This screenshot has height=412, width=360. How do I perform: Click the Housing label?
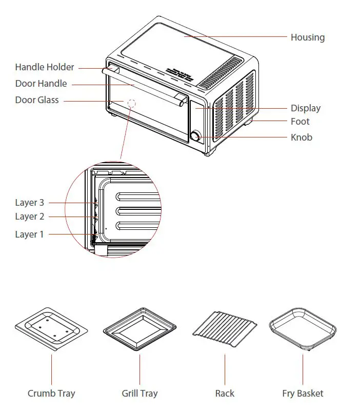[307, 37]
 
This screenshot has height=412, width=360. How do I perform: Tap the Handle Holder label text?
[45, 67]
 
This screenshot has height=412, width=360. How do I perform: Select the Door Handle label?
[41, 84]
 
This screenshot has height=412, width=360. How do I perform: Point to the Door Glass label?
[37, 100]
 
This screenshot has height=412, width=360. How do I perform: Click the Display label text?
[306, 108]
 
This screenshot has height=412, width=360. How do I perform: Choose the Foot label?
[300, 122]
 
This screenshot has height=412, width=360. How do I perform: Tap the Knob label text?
[302, 138]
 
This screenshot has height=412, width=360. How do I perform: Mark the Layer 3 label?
[29, 203]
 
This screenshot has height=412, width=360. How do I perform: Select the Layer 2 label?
[29, 217]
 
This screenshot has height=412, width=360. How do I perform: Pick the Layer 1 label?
[29, 234]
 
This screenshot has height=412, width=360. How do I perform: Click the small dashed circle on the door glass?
[132, 102]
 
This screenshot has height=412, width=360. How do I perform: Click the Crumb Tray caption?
[51, 394]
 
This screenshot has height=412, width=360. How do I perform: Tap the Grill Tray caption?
[139, 394]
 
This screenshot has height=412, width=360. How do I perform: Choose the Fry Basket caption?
[303, 394]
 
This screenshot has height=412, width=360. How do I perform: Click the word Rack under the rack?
[225, 394]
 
